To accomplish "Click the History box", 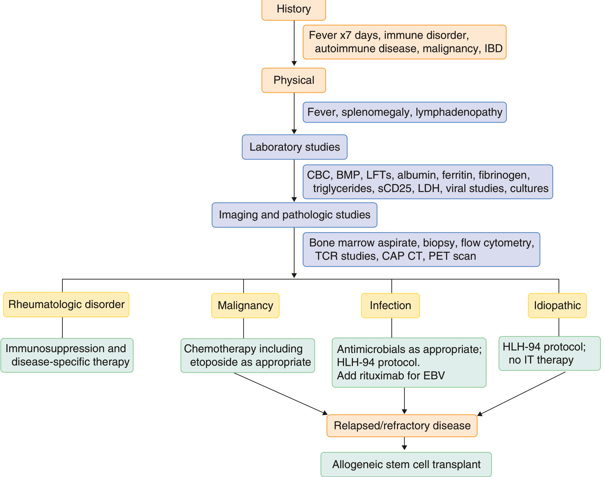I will coord(294,9).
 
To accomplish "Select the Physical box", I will coord(294,80).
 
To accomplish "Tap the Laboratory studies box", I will coord(294,147).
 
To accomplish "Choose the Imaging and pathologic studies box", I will coord(294,215).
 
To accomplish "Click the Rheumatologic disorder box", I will coord(66,304).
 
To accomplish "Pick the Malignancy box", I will coord(245,306).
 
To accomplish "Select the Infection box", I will coord(390,306).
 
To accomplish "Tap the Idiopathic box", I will coord(557,306).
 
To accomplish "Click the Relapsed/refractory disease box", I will coord(402,426).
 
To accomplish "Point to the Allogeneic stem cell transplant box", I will coord(406,465).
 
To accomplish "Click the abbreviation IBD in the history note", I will coord(493,49).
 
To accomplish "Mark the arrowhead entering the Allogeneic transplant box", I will coord(404,448).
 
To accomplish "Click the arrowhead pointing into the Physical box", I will coord(294,64).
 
